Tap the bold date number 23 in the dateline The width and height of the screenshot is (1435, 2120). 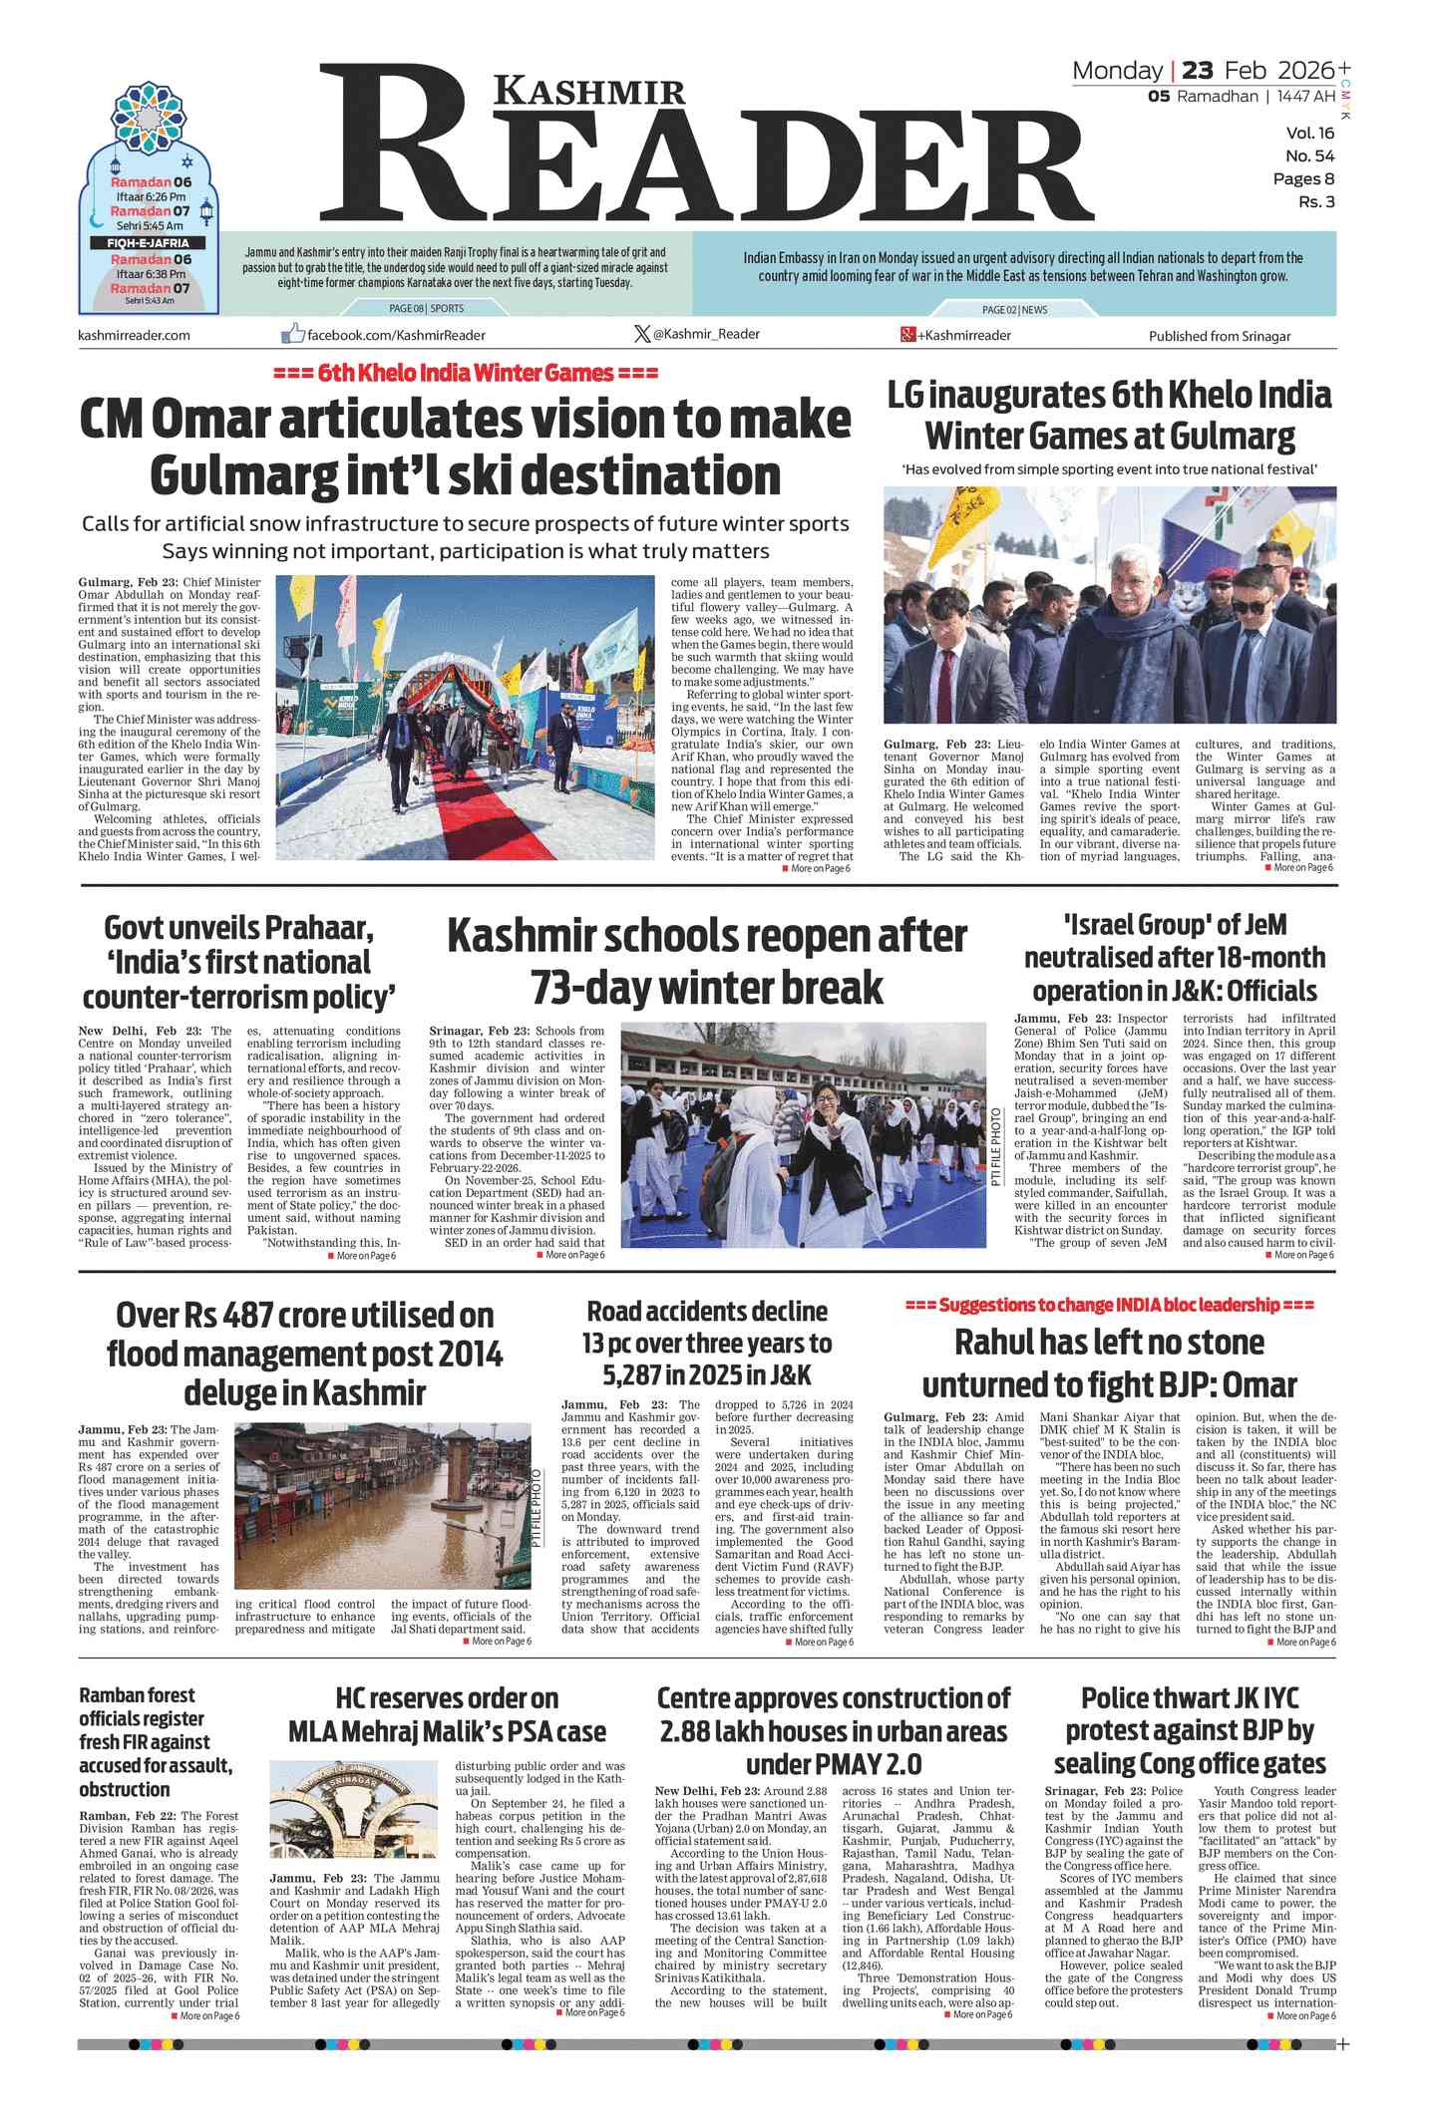coord(1198,71)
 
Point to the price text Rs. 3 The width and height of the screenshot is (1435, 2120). coord(1315,202)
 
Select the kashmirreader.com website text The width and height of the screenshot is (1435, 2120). coord(134,335)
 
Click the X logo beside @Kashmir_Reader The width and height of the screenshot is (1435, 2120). coord(642,334)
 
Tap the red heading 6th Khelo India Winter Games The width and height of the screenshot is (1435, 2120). coord(465,374)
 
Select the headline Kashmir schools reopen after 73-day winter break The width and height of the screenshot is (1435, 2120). coord(706,962)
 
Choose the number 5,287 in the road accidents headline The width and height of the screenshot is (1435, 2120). coord(639,1375)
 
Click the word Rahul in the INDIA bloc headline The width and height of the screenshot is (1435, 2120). coord(996,1343)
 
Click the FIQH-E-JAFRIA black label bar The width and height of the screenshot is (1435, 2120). coord(149,242)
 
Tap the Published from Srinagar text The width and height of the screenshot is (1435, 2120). coord(1219,336)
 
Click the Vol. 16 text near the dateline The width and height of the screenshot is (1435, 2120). coord(1309,134)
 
